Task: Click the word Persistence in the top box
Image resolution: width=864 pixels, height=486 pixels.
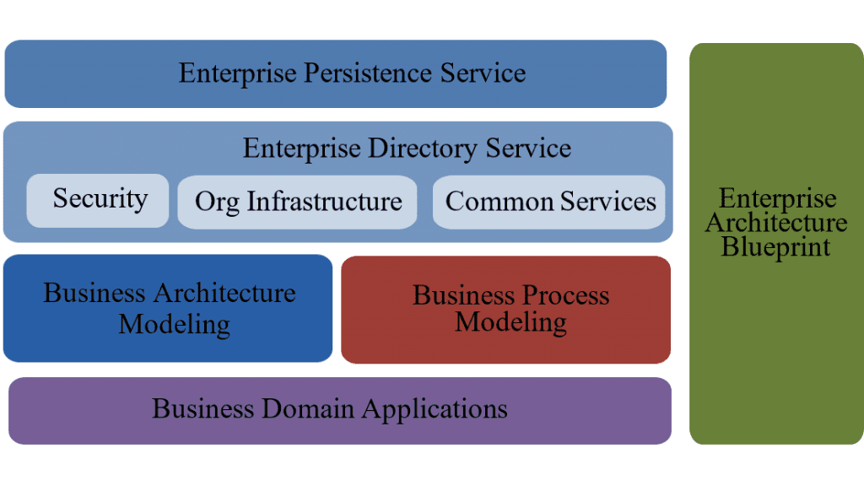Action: [367, 73]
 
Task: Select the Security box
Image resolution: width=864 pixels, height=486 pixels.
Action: [98, 200]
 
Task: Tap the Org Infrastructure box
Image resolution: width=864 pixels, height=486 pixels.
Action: [297, 202]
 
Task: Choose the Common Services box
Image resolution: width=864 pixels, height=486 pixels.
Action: [550, 202]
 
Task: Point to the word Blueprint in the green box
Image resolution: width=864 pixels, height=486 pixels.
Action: [776, 247]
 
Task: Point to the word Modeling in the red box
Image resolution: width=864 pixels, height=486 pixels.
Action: [510, 321]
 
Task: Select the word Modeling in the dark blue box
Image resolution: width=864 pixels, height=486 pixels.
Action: [174, 324]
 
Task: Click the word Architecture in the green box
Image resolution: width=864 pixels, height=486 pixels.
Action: [776, 224]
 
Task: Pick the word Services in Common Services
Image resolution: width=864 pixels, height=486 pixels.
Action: [607, 202]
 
